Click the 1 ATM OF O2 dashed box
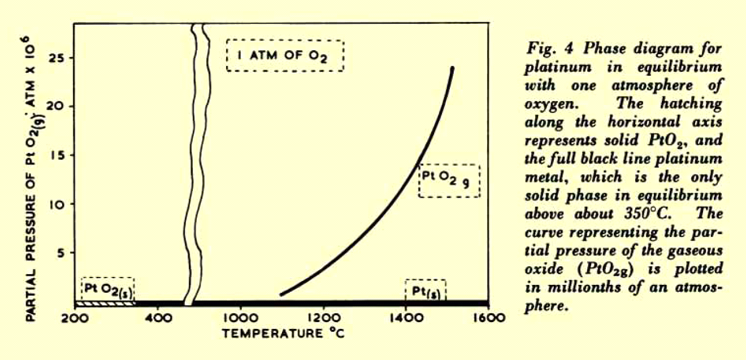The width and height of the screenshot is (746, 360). coord(285,55)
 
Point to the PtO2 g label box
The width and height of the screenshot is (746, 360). coord(449,181)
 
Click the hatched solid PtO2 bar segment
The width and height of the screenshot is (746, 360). coord(105,303)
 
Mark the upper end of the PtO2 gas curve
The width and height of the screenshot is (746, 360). coord(452,68)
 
